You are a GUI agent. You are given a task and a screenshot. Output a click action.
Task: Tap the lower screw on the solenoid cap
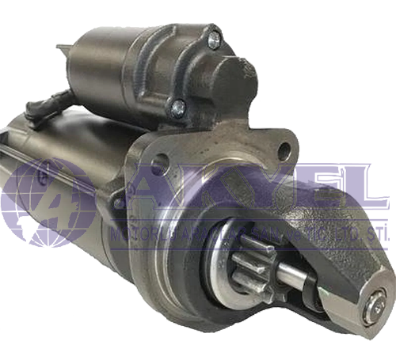click(x=179, y=106)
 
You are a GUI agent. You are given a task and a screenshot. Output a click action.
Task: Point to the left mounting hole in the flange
click(x=159, y=165)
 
